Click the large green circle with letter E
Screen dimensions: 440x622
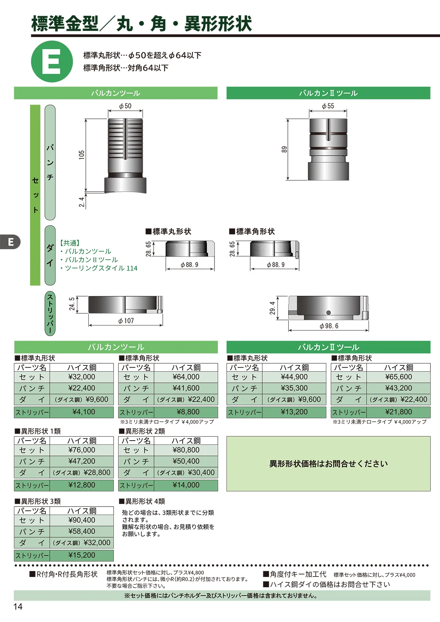point(52,61)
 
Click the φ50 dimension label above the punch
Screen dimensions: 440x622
point(125,106)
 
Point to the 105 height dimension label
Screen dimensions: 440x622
point(81,155)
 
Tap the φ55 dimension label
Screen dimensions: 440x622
point(328,106)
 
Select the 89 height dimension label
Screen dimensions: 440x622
point(284,150)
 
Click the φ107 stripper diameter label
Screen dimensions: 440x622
point(126,321)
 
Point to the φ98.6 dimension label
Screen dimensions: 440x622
point(329,326)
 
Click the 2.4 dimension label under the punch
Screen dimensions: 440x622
point(81,202)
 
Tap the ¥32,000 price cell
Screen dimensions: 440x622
point(82,377)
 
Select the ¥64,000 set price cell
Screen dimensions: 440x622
point(186,377)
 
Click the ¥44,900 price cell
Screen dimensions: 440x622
point(294,377)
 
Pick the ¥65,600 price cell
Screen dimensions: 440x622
point(398,377)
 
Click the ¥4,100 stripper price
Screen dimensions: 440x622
point(84,412)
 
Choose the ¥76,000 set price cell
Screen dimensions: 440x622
point(82,450)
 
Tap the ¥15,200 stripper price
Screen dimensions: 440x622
point(82,555)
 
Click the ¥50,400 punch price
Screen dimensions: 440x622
point(186,461)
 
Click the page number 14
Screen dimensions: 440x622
point(18,607)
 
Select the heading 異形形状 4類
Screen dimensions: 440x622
point(142,501)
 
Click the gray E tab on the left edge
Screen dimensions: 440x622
point(10,242)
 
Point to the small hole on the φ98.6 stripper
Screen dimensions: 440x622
point(328,313)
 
